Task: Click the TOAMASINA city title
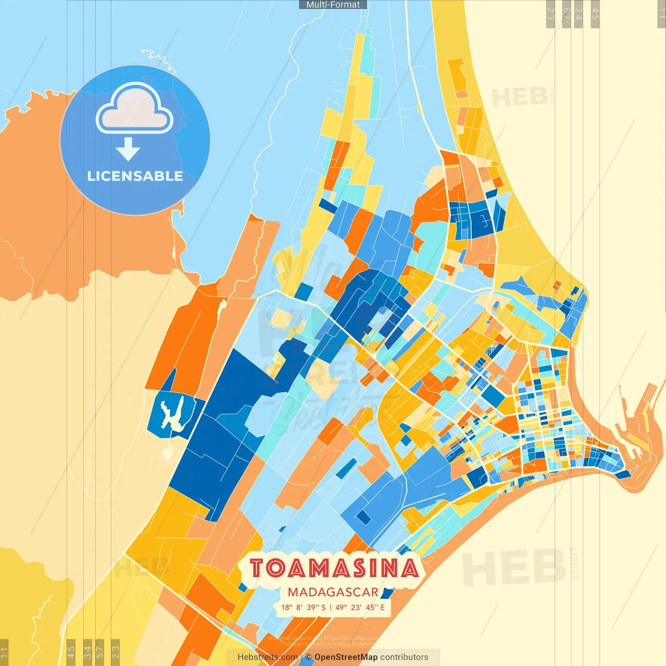pyautogui.click(x=334, y=568)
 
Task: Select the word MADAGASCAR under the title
pyautogui.click(x=333, y=592)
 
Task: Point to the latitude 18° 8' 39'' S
pyautogui.click(x=303, y=607)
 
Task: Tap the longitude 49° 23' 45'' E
pyautogui.click(x=360, y=607)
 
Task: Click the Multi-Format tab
pyautogui.click(x=333, y=5)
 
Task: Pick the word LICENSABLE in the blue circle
pyautogui.click(x=135, y=176)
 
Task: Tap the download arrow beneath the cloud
pyautogui.click(x=128, y=149)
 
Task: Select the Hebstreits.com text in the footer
pyautogui.click(x=267, y=657)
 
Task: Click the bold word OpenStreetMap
pyautogui.click(x=346, y=657)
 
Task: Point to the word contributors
pyautogui.click(x=404, y=657)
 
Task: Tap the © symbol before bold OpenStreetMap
pyautogui.click(x=309, y=657)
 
